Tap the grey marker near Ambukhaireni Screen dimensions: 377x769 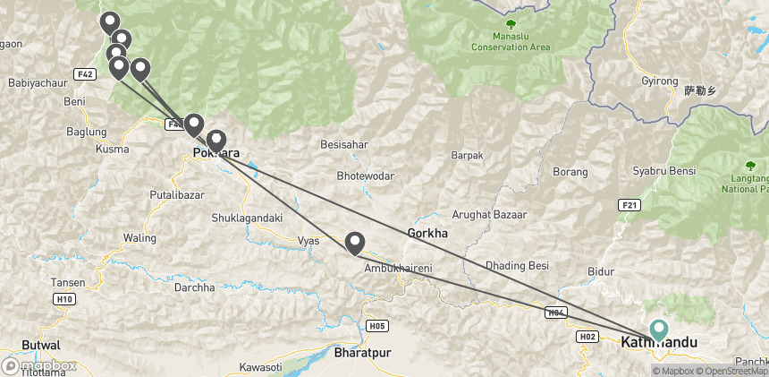pos(355,243)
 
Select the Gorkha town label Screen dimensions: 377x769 pos(427,233)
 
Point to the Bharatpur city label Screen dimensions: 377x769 pos(362,353)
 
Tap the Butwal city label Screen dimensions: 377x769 pos(40,345)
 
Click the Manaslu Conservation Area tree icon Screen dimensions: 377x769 pos(511,25)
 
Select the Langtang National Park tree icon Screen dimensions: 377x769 pos(750,166)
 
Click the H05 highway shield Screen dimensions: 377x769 pos(376,326)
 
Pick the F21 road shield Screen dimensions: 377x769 pos(630,205)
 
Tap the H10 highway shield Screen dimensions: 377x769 pos(63,299)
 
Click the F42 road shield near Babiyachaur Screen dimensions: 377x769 pos(86,73)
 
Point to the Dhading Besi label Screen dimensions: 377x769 pos(516,266)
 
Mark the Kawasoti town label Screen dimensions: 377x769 pos(261,367)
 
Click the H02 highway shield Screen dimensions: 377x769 pos(587,337)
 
